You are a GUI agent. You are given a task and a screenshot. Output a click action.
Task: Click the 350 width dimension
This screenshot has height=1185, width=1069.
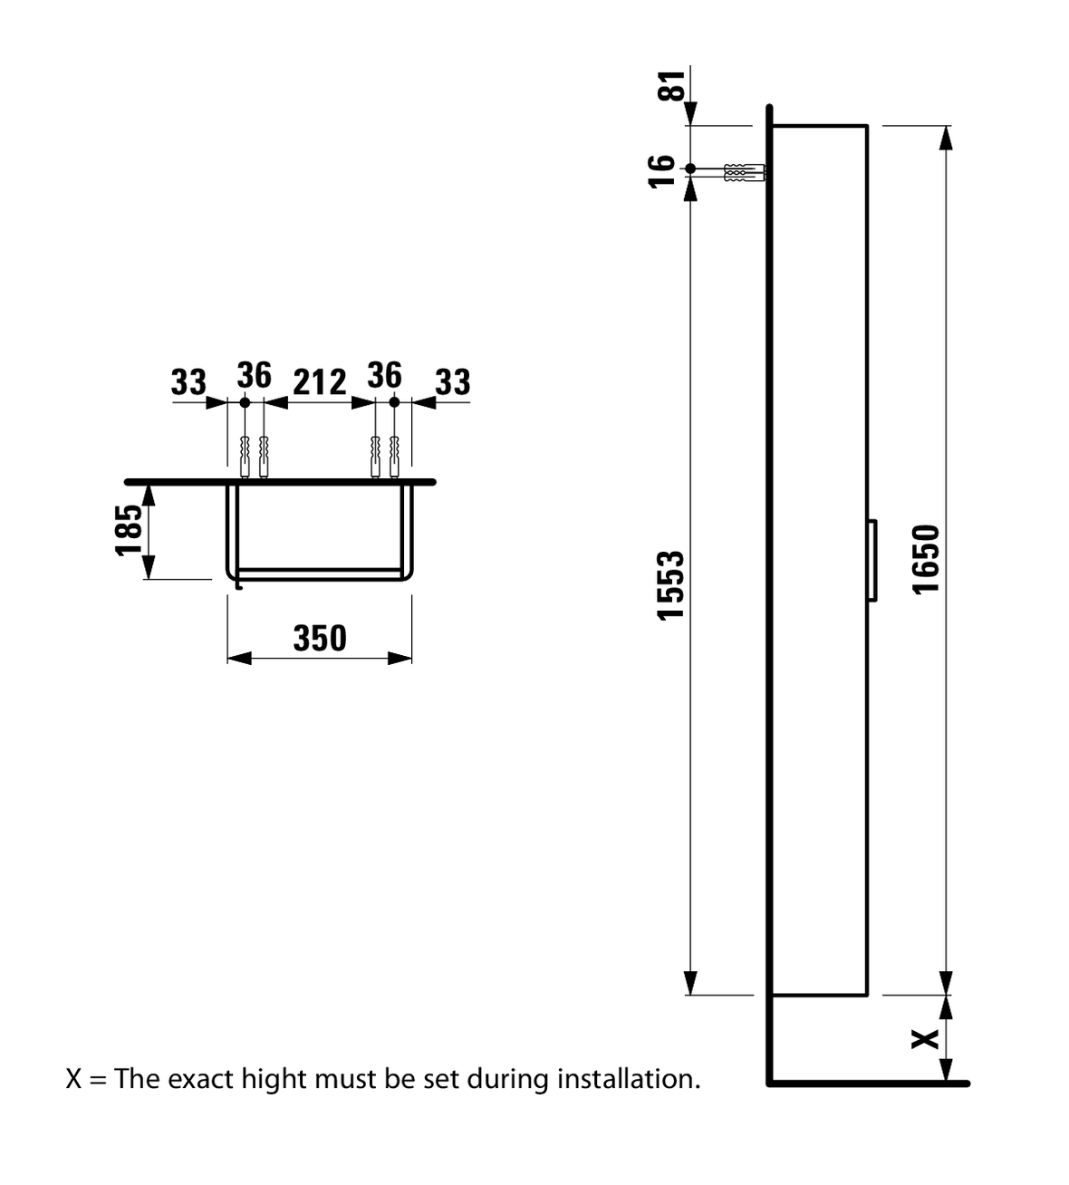point(320,639)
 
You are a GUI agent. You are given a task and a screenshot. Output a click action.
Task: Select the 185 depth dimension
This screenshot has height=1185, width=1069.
point(130,529)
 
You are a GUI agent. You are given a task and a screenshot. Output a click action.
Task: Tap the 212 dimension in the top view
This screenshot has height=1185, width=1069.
point(319,382)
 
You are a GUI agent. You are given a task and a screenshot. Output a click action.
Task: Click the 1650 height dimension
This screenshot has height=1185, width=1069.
point(927,559)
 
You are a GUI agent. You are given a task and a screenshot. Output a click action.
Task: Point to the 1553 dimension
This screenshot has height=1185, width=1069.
point(670,585)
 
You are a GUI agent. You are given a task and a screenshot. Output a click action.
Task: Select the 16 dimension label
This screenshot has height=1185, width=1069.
point(664,169)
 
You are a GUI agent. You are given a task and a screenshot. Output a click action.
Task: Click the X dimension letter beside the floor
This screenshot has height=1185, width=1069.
point(924,1039)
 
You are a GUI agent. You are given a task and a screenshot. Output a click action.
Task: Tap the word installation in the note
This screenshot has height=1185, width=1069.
point(628,1079)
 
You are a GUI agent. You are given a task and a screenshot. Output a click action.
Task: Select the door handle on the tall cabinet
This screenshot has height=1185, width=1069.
point(872,560)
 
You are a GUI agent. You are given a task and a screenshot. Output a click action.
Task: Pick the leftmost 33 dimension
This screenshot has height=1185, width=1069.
point(188,381)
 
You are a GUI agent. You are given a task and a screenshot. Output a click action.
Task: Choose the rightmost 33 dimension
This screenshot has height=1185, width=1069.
point(453,381)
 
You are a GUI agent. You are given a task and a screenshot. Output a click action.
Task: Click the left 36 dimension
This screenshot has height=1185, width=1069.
point(255,374)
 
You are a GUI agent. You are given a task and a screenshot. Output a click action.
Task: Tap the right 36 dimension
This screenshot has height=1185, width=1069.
point(384,374)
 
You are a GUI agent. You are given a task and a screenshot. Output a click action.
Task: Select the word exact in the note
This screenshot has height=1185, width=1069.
point(200,1079)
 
